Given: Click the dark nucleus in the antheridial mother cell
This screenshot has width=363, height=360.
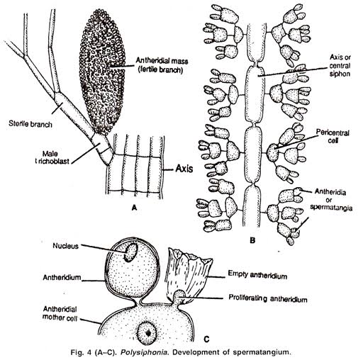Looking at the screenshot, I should click(x=147, y=331).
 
